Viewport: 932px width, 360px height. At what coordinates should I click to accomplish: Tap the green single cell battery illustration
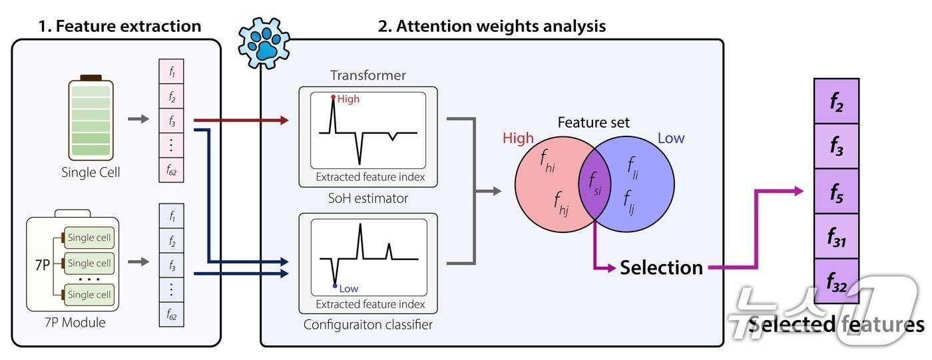91,117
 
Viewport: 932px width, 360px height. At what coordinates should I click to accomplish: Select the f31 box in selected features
837,237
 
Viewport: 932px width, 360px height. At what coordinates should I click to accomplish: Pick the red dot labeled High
334,97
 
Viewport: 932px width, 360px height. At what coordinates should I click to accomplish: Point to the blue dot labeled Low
335,286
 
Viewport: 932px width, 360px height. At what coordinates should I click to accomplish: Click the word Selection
661,268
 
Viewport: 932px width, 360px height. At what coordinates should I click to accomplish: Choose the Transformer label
367,75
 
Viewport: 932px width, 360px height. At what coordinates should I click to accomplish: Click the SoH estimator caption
367,198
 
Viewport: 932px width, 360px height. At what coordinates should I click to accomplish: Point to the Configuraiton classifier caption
368,325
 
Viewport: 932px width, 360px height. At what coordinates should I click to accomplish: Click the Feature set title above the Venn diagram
593,122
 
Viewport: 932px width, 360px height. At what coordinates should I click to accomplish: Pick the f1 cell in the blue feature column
171,217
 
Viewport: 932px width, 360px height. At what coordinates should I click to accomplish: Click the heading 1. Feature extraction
119,26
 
